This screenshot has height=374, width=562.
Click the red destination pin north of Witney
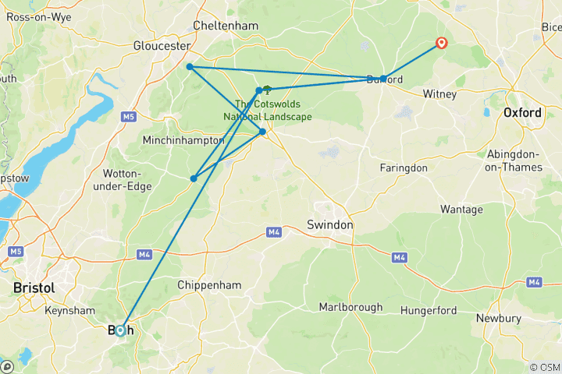pos(441,44)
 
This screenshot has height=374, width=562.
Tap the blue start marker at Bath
pos(120,330)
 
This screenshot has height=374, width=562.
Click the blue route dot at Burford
pos(382,79)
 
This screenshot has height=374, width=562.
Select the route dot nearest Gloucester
pos(190,67)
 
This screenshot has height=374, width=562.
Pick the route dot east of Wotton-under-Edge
pos(194,178)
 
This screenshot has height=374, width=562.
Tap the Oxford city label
pos(522,113)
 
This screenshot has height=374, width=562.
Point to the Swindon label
pos(333,224)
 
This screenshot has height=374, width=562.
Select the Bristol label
pos(34,288)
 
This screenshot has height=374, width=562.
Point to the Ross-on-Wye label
pos(39,16)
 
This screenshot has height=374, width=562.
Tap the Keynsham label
pos(71,310)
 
